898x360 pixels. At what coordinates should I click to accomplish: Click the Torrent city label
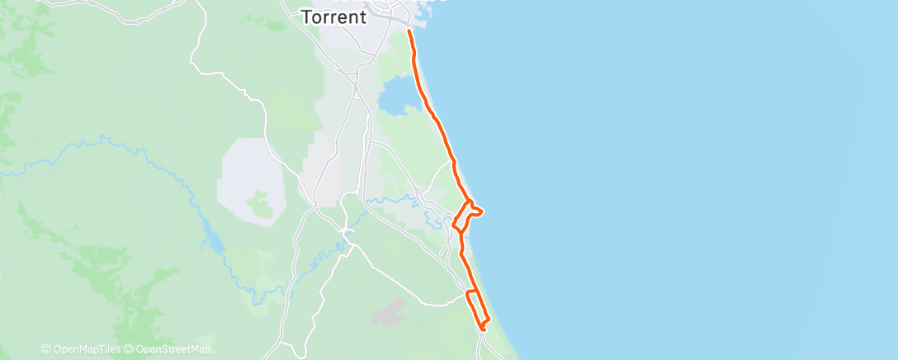tap(333, 17)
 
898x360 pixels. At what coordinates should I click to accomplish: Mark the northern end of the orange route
tap(409, 31)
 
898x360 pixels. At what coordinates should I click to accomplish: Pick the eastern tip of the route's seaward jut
tap(481, 211)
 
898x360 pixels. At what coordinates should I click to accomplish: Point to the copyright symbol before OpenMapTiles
tap(45, 350)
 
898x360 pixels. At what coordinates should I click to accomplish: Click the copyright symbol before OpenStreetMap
tap(129, 350)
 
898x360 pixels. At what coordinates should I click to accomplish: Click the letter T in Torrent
tap(305, 17)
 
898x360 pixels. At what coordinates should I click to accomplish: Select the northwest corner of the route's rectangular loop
tap(468, 291)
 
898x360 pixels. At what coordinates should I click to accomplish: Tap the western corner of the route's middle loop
tap(453, 223)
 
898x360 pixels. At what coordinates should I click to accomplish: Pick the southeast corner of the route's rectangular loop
tap(489, 319)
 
